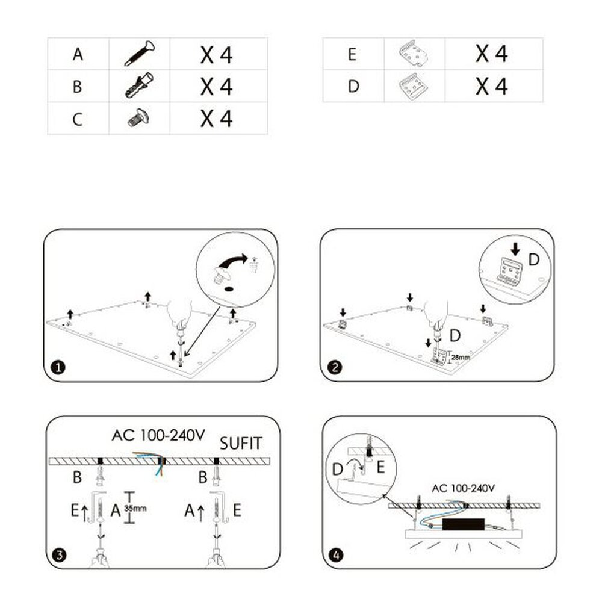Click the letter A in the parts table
[x=78, y=55]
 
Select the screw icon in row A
[x=140, y=54]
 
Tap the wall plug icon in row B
[x=140, y=86]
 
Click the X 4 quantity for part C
[x=217, y=119]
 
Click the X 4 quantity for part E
[x=492, y=54]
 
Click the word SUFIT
[x=241, y=444]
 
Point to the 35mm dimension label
[x=135, y=508]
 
